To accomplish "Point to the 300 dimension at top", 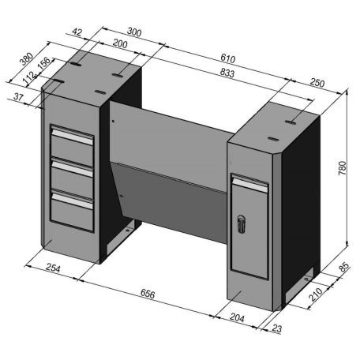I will pos(135,32).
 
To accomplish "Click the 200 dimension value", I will pos(121,45).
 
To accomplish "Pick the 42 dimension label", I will pos(77,32).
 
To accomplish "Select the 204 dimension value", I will pos(237,318).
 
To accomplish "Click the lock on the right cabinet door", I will pos(242,223).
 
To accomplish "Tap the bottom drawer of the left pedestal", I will pos(72,209).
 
